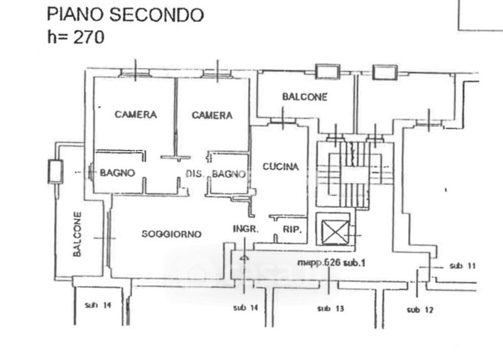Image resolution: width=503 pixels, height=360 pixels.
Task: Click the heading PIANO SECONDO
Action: pos(126,14)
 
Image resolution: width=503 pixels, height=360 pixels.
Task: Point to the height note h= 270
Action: pos(76,37)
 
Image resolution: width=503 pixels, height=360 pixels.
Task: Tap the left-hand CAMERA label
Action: pos(135,115)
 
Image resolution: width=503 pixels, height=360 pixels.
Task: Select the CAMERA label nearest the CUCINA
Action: pos(212,115)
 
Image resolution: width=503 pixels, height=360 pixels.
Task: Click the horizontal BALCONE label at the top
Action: pos(305,97)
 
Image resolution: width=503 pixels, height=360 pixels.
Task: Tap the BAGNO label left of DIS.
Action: pos(117,172)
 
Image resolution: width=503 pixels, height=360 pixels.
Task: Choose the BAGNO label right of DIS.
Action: pos(228,174)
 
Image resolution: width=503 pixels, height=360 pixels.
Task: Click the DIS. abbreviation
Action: pos(194,174)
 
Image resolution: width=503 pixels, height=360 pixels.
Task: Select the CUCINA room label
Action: pos(280,167)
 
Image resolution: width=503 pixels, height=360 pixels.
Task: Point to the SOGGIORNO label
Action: pos(171,234)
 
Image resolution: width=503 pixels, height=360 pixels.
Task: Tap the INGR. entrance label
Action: pos(245,229)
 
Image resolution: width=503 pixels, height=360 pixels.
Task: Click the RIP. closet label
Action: pos(292,230)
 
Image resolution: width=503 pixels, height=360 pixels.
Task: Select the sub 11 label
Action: pos(463,266)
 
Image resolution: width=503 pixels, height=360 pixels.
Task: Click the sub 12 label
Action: pos(420,309)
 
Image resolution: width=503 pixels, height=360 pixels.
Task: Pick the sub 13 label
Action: pos(331,308)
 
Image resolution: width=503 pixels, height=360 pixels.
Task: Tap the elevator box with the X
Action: pos(334,232)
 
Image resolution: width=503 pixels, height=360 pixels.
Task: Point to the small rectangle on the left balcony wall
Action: pos(55,170)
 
